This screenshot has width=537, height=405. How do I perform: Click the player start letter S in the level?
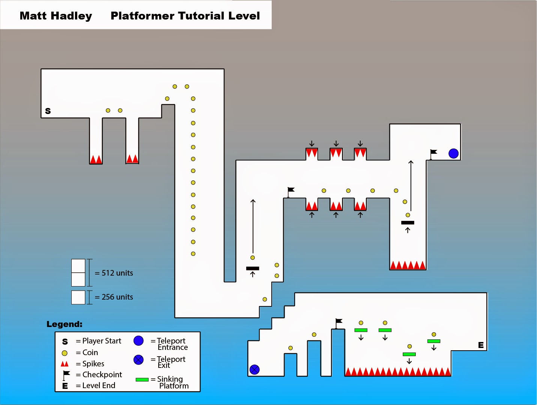[x=48, y=111]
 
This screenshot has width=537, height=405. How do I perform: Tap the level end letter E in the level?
[x=481, y=345]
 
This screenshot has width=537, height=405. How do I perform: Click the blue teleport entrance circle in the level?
[x=453, y=153]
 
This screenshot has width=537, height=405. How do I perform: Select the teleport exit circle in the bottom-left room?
[x=254, y=369]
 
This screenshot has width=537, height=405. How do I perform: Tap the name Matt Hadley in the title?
[x=56, y=16]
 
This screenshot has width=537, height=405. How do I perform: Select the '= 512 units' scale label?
[x=114, y=273]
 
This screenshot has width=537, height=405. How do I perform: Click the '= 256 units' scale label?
[x=114, y=297]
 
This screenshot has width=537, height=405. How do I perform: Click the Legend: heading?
[x=64, y=324]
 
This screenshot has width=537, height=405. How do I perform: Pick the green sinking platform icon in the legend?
[x=142, y=379]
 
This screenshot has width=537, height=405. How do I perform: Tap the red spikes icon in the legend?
[x=65, y=364]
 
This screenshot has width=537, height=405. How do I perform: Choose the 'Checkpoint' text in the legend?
[x=102, y=375]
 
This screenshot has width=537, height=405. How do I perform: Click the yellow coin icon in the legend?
[x=65, y=353]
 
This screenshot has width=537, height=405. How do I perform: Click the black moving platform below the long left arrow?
[x=253, y=268]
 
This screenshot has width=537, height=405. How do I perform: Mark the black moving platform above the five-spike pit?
[x=408, y=223]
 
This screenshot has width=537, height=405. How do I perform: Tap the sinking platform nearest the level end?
[x=433, y=341]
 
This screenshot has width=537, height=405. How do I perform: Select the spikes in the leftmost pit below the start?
[x=96, y=159]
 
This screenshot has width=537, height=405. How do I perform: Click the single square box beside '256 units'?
[x=78, y=297]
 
